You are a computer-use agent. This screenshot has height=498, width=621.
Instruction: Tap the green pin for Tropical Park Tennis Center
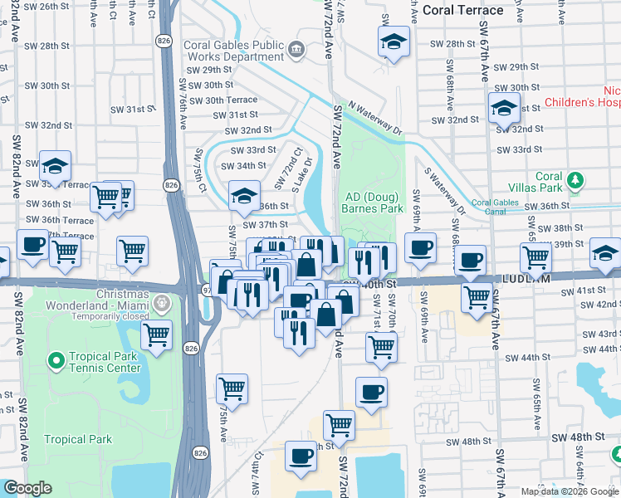tap(56, 360)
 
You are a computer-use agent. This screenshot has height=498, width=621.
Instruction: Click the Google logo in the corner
tap(27, 488)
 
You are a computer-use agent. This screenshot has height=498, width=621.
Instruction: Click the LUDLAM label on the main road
tap(516, 282)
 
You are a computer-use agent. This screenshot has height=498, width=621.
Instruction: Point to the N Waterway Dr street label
tap(375, 118)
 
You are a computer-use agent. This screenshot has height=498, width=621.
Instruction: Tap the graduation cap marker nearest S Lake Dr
tap(244, 196)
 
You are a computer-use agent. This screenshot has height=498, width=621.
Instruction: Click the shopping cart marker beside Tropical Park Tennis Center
tap(156, 334)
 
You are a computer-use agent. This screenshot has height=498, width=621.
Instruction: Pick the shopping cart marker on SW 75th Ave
tap(232, 387)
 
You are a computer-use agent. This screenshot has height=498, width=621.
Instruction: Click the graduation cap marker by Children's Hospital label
tap(503, 108)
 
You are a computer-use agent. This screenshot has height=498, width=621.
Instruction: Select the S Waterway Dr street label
tap(442, 192)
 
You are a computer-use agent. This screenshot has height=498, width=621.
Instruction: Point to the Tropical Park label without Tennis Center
tap(71, 439)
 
